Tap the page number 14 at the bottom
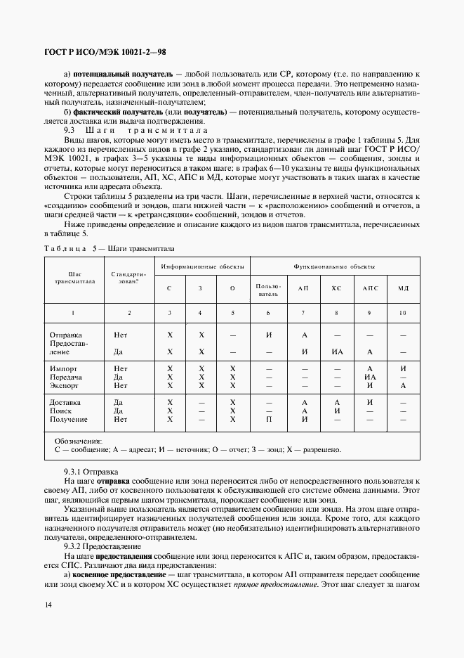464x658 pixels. (48, 605)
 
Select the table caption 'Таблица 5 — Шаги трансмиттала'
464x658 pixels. (109, 249)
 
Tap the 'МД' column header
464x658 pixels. (403, 288)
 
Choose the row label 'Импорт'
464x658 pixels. (64, 368)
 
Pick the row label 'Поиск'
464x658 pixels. (62, 411)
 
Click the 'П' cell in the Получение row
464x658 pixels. (268, 419)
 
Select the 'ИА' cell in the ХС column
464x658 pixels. (337, 351)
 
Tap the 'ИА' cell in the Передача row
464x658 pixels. (370, 377)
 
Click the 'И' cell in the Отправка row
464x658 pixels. (268, 335)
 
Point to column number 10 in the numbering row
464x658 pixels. (403, 312)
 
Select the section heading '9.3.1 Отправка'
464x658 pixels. (91, 470)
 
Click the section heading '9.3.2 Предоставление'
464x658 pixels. (103, 546)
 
